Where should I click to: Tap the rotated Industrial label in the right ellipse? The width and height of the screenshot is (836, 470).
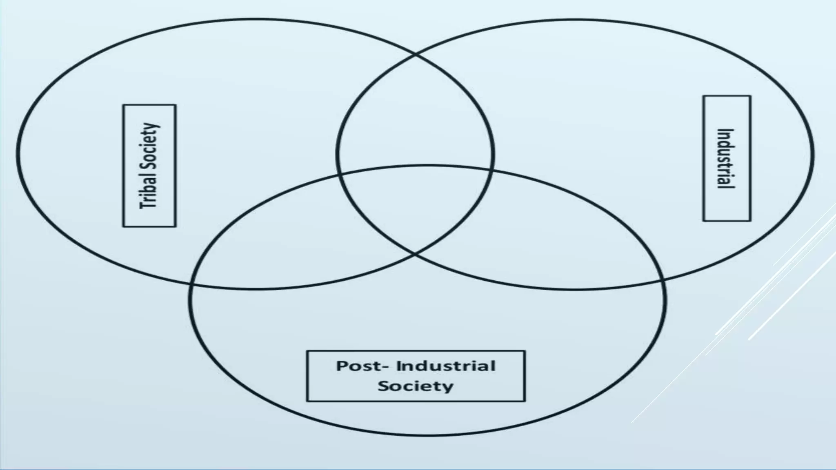pos(726,159)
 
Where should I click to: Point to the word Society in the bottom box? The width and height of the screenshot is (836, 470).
pos(416,386)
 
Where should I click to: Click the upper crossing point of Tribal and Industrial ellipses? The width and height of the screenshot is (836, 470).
pos(416,53)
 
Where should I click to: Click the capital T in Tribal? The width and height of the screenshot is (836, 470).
pos(147,204)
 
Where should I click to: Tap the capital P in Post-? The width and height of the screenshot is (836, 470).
pos(342,366)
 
